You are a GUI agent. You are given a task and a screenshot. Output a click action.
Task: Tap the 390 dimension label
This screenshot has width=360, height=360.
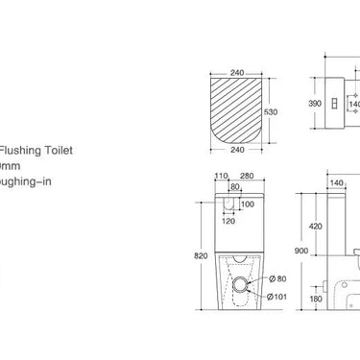[313, 101]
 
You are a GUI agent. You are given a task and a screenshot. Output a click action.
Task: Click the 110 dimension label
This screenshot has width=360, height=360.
[221, 177]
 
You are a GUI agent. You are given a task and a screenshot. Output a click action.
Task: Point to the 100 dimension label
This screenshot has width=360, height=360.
[248, 204]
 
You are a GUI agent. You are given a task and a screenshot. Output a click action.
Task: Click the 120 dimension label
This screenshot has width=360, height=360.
[228, 221]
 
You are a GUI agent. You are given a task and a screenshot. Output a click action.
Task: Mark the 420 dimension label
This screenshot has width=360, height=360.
[315, 228]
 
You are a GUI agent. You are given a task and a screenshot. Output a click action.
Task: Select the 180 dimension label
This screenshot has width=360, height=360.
[316, 299]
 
